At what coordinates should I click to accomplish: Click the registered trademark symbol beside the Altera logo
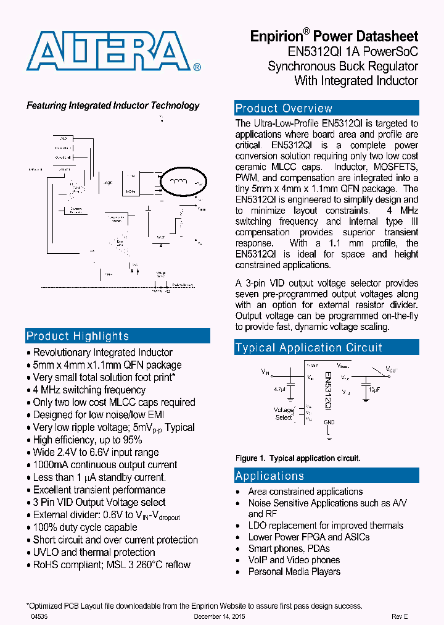point(197,67)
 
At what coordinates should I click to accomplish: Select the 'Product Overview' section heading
point(284,109)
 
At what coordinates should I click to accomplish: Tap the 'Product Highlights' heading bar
point(78,336)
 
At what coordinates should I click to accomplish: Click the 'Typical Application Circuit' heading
point(309,348)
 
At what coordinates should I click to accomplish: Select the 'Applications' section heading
point(269,476)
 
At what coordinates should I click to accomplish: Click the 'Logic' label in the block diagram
point(109,183)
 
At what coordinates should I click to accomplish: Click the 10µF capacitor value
point(374,390)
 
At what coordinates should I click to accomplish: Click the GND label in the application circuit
point(329,422)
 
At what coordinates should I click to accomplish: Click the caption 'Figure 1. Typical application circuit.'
point(298,458)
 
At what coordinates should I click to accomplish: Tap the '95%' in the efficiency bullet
point(133,440)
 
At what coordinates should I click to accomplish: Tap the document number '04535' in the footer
point(39,616)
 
